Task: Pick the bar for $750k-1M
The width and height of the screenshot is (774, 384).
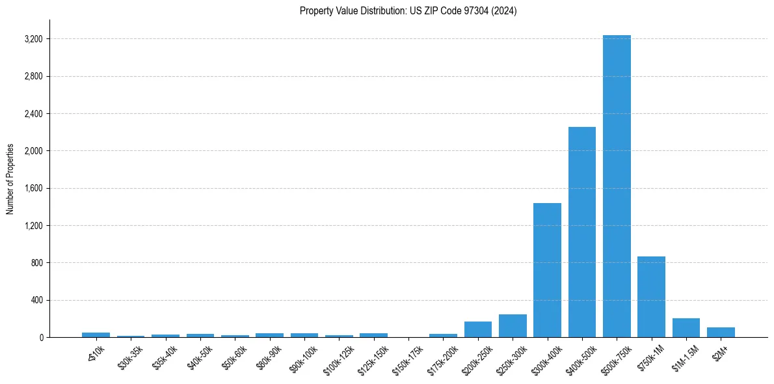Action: tap(651, 297)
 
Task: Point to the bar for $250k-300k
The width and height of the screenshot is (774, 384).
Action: tap(513, 326)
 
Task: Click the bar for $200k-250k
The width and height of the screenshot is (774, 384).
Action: tap(478, 329)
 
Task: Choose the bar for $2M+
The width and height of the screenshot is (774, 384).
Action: tap(721, 333)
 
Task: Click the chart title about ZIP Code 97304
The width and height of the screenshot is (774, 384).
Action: tap(408, 11)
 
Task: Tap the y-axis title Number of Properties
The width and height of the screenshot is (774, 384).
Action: tap(10, 179)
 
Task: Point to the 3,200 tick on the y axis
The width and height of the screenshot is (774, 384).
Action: tap(33, 39)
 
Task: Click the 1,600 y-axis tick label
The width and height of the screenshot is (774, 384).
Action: tap(33, 189)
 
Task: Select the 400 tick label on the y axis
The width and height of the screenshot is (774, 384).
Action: tap(36, 301)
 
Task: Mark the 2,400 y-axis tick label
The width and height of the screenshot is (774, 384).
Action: tap(33, 114)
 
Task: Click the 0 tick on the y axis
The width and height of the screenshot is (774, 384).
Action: tap(40, 338)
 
